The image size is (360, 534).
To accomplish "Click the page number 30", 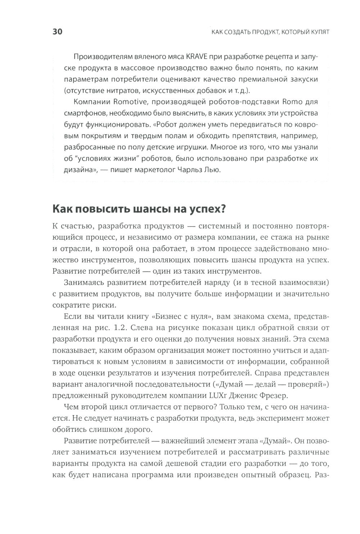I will [58, 32].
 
